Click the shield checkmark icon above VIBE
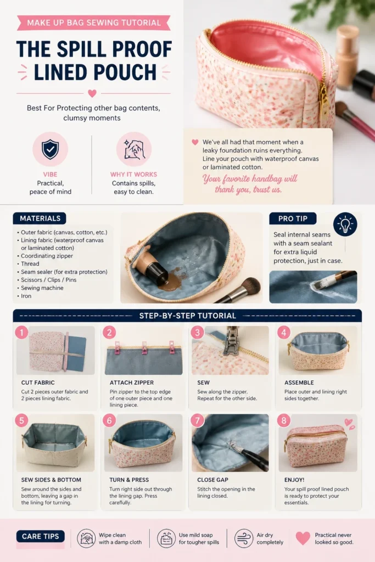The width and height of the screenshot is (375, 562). [50, 149]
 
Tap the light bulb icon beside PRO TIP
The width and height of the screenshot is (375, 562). [345, 224]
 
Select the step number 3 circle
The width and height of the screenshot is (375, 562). [197, 333]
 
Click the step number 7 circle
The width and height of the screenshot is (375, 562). [197, 420]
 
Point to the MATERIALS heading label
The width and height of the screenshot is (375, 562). [40, 218]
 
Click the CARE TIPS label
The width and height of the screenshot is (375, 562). [41, 536]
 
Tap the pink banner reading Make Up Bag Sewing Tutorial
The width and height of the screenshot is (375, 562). [93, 23]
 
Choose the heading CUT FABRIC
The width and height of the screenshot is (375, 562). [38, 383]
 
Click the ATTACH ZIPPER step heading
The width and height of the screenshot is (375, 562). [132, 383]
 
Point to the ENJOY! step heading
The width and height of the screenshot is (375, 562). [294, 480]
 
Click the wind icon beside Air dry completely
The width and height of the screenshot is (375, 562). [244, 538]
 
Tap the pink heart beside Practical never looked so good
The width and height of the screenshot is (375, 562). [303, 538]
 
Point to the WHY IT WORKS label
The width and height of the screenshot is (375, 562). [134, 175]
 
